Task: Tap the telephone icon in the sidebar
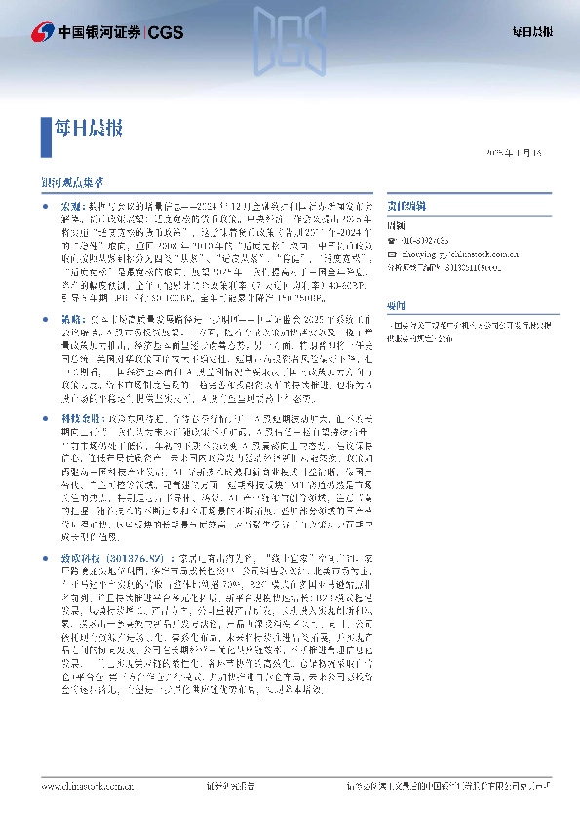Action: pos(392,240)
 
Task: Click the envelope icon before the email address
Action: pos(392,252)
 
